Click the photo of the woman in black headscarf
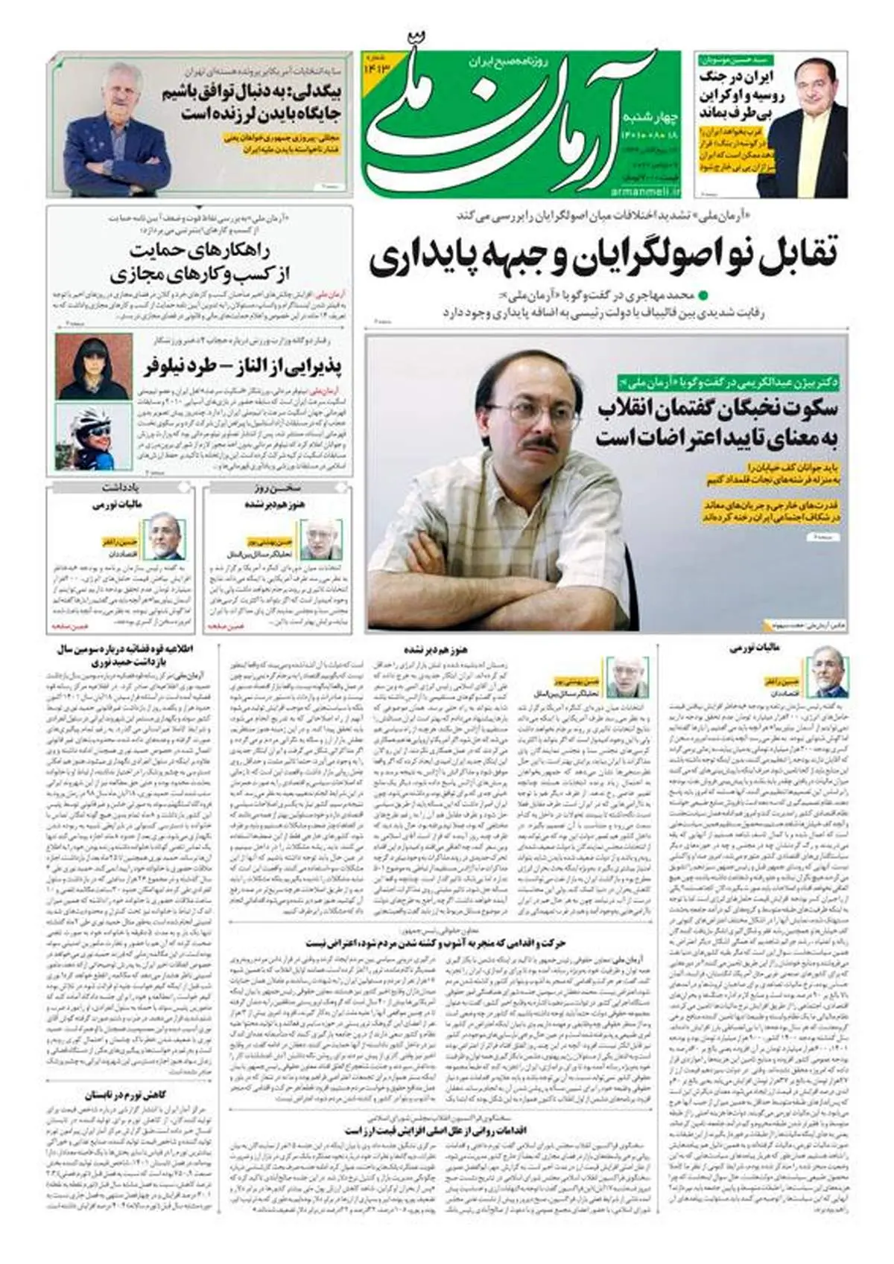point(83,366)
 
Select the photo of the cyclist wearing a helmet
point(83,437)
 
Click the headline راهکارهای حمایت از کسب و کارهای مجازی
point(200,262)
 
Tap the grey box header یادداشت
point(123,488)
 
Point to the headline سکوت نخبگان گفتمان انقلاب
point(719,409)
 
